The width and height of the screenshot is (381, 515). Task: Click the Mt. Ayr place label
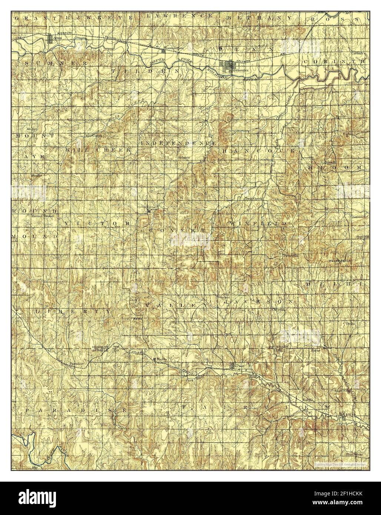coord(32,129)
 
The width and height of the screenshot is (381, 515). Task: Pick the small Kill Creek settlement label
coord(93,136)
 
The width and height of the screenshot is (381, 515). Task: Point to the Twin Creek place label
coord(254,199)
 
